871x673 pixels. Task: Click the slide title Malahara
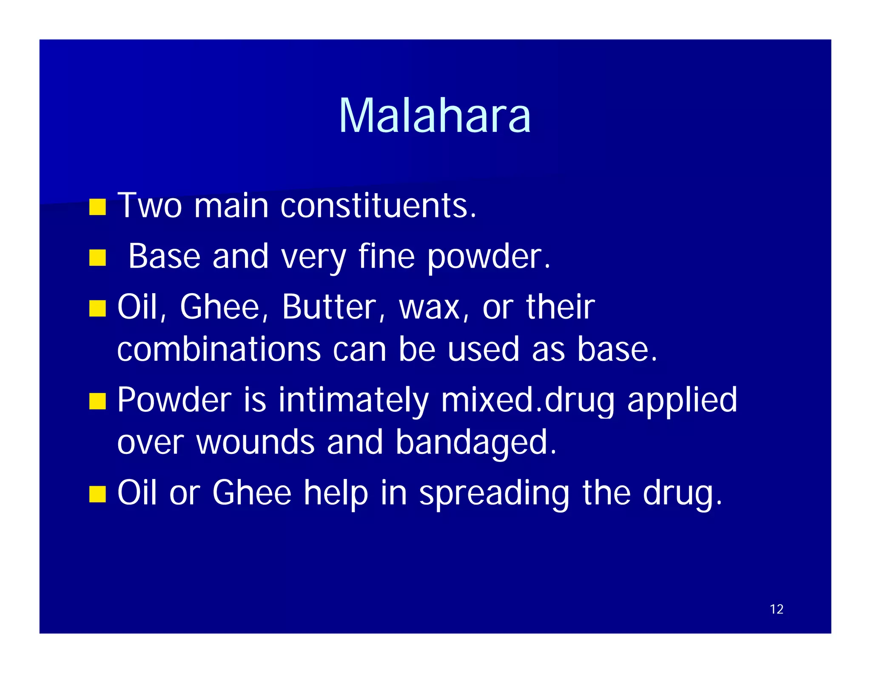[x=434, y=116]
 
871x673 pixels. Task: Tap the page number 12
[x=776, y=609]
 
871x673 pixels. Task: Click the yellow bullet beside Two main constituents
[x=97, y=207]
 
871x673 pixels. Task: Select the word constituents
[x=378, y=206]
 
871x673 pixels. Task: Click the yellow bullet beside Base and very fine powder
[x=97, y=258]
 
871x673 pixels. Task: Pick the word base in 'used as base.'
[x=617, y=349]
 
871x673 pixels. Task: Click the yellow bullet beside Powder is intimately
[x=97, y=401]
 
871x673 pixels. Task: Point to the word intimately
[x=353, y=400]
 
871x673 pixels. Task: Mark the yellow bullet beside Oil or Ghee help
[x=97, y=494]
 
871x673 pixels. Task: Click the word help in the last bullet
[x=336, y=493]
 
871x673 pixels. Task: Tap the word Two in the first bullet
[x=150, y=206]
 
